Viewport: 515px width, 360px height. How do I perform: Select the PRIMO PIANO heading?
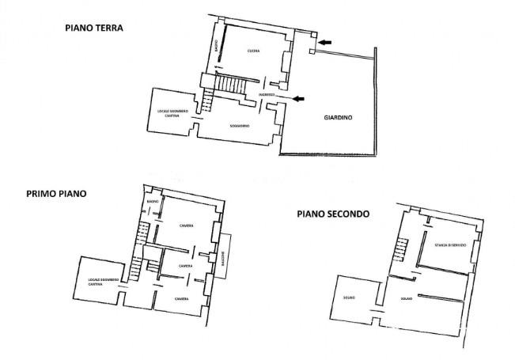click(57, 192)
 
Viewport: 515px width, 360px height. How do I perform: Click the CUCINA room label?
click(253, 51)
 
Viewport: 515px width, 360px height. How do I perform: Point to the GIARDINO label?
click(338, 118)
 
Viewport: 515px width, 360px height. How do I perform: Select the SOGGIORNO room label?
click(240, 127)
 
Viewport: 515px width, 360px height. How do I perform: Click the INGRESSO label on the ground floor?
click(266, 95)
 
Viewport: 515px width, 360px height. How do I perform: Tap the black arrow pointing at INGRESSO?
click(297, 98)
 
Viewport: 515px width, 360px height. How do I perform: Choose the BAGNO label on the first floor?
click(153, 203)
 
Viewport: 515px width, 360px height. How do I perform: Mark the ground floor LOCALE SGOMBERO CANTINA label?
click(172, 113)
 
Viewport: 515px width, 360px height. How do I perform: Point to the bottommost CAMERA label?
click(181, 299)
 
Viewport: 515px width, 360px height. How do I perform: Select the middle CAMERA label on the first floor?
click(186, 266)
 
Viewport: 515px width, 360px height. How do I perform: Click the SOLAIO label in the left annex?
click(349, 297)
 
